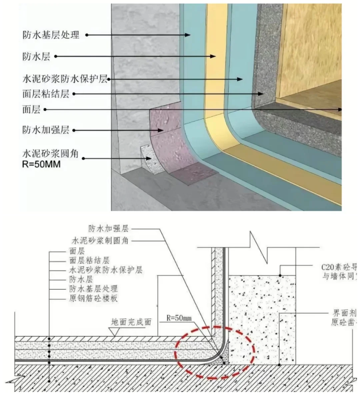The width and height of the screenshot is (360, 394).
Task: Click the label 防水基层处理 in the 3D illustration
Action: pos(51,34)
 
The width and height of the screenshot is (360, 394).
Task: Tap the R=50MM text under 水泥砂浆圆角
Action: pos(41,164)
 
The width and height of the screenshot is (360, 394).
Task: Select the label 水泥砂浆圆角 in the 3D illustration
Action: pos(50,153)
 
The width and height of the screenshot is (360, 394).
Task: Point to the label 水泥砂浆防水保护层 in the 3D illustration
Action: pos(65,79)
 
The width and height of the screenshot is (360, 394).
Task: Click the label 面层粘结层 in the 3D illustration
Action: pos(46,94)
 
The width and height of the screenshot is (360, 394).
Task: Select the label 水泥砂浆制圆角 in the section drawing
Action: pos(100,240)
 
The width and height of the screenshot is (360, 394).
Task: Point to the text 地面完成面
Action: pos(131,322)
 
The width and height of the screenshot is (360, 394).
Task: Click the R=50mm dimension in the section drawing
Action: pos(179,318)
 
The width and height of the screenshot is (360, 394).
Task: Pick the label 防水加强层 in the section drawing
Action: pos(108,229)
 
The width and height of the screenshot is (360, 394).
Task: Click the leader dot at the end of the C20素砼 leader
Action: pos(280,276)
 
